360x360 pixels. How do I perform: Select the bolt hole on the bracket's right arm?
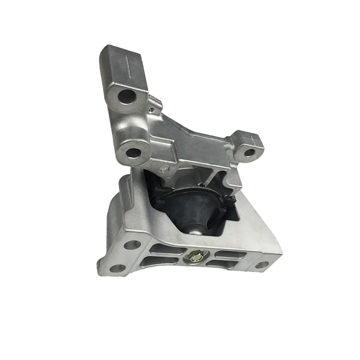[x=249, y=153]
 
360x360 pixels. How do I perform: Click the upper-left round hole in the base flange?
[x=132, y=245]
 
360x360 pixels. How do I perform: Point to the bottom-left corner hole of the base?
[x=118, y=268]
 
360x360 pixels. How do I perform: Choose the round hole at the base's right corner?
[x=263, y=265]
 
